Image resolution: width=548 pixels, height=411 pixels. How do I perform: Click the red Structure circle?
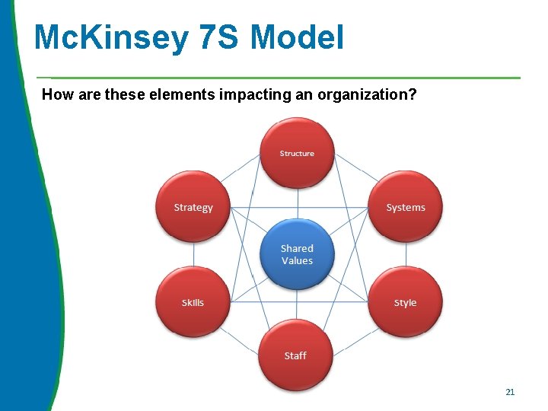click(x=297, y=153)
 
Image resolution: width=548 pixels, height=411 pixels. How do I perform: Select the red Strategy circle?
click(x=193, y=207)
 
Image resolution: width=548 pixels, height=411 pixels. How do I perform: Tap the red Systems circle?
click(x=405, y=207)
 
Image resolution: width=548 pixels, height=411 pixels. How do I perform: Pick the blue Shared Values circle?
click(x=297, y=254)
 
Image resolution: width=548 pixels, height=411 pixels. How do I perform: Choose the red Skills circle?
click(x=193, y=302)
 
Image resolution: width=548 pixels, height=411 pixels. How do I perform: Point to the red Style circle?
click(x=405, y=302)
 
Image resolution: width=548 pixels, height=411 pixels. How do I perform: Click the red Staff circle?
click(x=295, y=355)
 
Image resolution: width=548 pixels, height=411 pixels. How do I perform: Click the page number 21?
click(x=510, y=392)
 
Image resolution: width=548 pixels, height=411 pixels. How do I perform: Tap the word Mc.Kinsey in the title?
click(x=110, y=37)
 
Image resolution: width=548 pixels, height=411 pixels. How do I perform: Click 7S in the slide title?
click(x=217, y=37)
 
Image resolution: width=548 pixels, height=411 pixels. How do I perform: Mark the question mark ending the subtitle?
click(x=413, y=95)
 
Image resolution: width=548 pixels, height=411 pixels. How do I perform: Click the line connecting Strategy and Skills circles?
click(x=193, y=255)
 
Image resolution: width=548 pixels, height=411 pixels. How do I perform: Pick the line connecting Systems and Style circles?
click(x=405, y=255)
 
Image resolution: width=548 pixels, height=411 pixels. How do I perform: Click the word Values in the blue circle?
click(x=297, y=261)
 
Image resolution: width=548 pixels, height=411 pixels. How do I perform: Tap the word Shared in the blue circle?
click(x=297, y=248)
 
